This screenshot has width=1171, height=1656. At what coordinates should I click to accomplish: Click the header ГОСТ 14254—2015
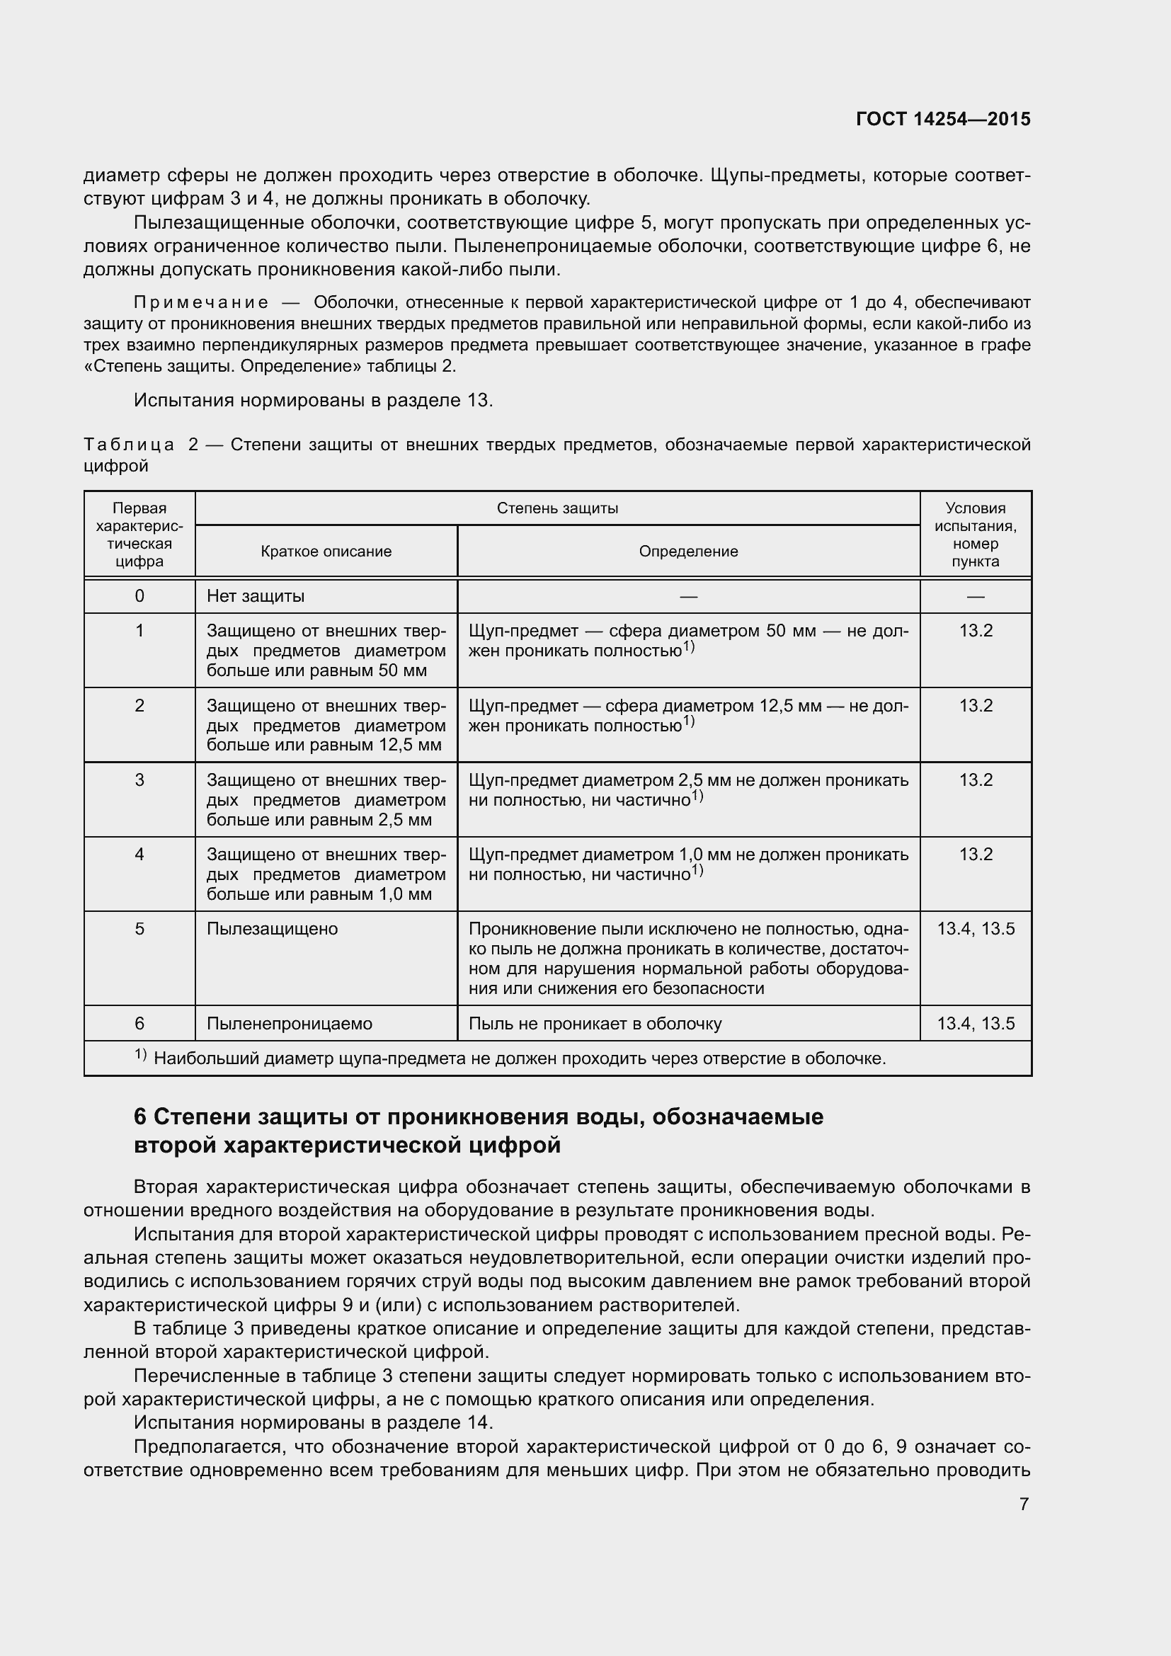tap(942, 119)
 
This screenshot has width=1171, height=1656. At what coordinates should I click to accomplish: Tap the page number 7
tap(1024, 1504)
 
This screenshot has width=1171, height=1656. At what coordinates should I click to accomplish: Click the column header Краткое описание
tap(326, 552)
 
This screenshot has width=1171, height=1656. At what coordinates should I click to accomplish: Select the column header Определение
tap(688, 552)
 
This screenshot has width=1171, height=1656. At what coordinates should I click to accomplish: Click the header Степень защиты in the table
tap(556, 508)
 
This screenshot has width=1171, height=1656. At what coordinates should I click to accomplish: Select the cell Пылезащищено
tap(272, 929)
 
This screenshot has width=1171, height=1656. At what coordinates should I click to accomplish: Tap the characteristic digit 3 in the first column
tap(139, 780)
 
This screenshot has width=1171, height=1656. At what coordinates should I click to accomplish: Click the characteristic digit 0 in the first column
tap(139, 596)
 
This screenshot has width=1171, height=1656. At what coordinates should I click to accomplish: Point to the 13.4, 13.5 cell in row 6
tap(975, 1024)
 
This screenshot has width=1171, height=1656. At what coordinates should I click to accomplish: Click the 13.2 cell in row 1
tap(975, 631)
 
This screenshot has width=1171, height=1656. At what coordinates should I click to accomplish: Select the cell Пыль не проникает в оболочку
tap(595, 1024)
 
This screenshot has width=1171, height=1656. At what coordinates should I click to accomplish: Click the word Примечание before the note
tap(201, 302)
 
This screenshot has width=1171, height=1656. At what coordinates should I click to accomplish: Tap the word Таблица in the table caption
tap(129, 445)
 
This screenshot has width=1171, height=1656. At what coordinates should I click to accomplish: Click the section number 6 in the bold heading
tap(140, 1117)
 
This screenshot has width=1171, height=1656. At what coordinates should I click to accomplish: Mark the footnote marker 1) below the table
tap(141, 1055)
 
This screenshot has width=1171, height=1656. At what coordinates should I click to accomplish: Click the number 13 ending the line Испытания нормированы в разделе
tap(478, 401)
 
